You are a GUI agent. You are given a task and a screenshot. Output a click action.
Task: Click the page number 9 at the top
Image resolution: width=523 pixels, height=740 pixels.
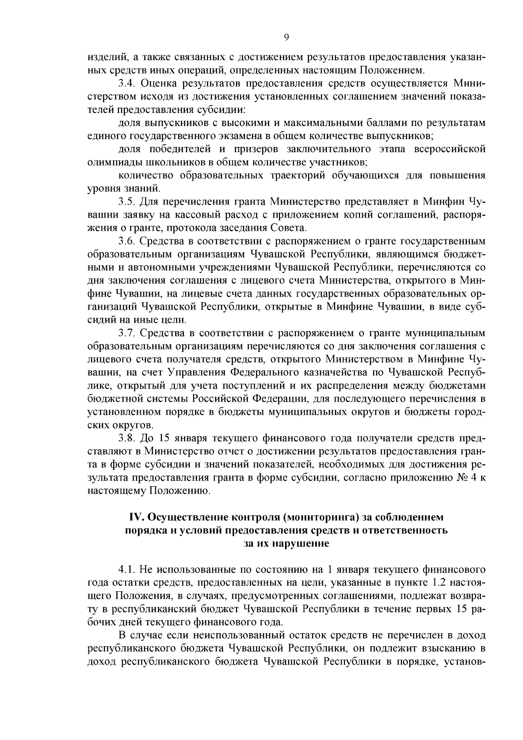[286, 38]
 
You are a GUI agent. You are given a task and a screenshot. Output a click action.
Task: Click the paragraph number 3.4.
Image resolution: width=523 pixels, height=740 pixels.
[127, 84]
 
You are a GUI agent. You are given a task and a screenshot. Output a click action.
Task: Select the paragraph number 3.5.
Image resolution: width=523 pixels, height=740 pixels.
[127, 201]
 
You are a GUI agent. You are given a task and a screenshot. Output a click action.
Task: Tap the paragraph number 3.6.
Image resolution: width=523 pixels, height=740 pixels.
[127, 241]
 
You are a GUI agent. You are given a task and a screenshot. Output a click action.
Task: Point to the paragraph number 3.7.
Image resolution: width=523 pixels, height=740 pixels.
[127, 334]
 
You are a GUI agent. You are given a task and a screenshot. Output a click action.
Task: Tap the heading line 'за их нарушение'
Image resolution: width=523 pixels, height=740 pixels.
[286, 544]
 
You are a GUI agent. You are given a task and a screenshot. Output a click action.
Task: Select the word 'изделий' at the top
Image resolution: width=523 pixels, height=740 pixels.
[105, 57]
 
